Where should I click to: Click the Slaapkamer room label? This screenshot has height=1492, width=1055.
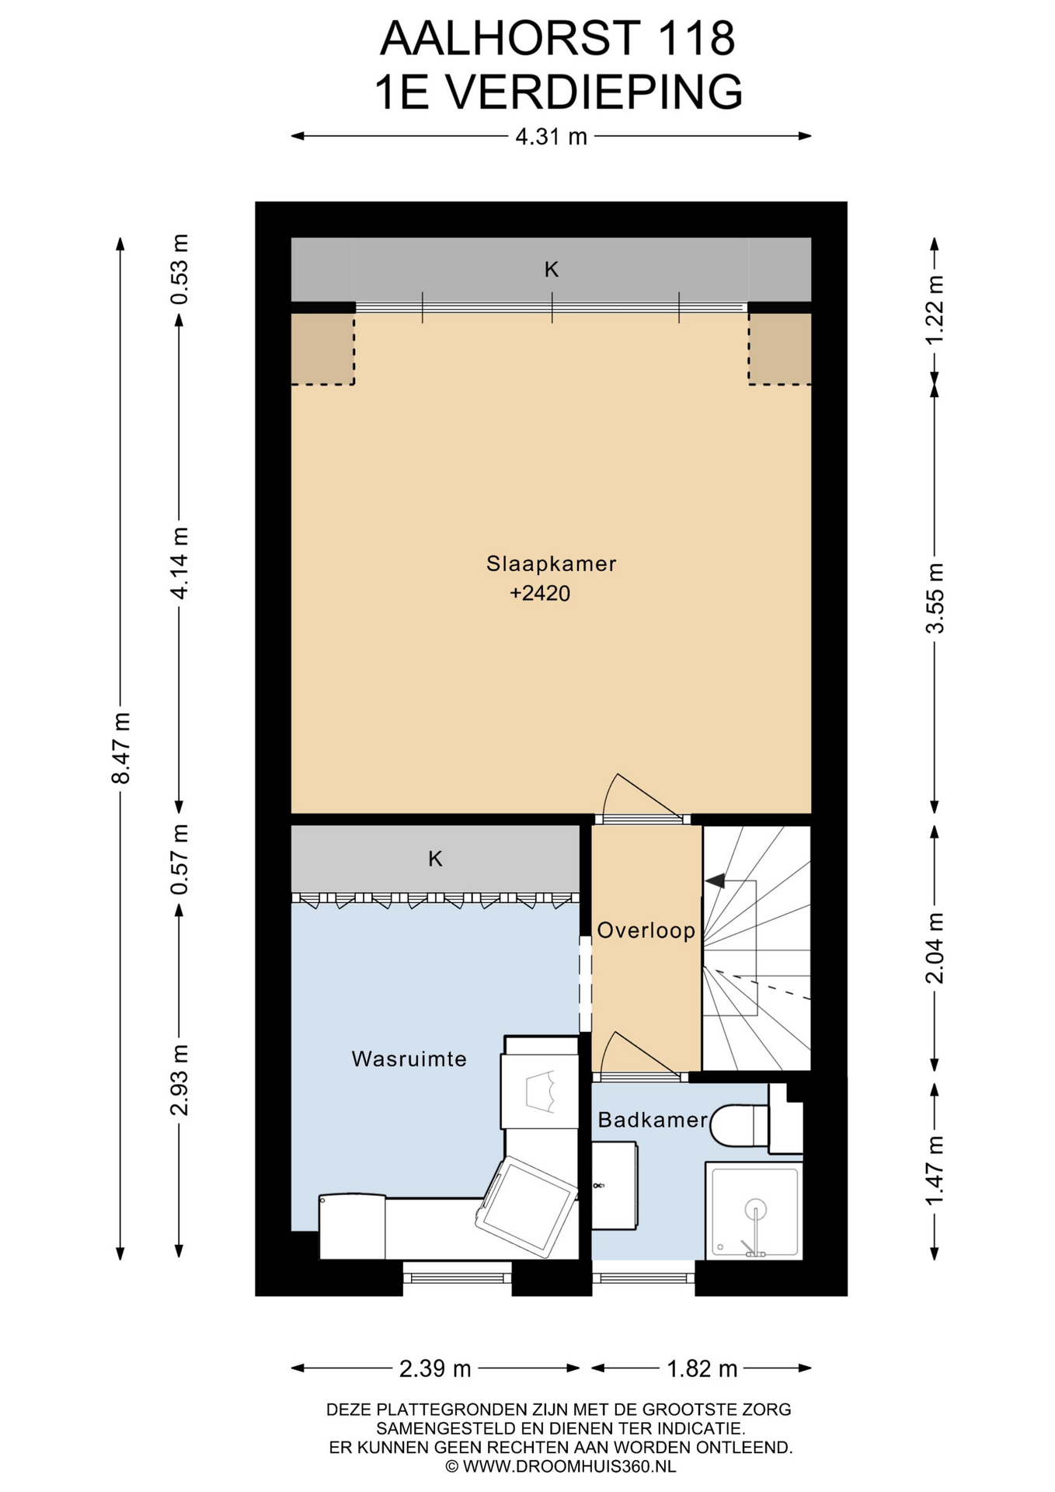551,563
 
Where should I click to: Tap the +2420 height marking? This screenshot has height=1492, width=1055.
540,594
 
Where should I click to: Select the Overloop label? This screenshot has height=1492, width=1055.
646,930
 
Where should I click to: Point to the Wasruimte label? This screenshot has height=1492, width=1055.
409,1058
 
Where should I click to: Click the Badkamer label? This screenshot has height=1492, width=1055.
653,1120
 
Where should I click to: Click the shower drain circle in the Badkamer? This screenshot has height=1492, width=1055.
755,1210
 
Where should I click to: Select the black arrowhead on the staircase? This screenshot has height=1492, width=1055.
715,881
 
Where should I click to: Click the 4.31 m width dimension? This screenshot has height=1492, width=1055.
552,137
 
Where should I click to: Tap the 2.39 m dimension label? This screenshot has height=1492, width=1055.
435,1368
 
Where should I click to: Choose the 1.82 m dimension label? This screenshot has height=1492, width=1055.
702,1368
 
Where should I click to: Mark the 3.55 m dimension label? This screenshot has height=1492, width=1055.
935,598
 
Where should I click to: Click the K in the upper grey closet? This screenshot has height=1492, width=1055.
552,270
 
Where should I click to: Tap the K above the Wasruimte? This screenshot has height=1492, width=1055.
435,859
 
